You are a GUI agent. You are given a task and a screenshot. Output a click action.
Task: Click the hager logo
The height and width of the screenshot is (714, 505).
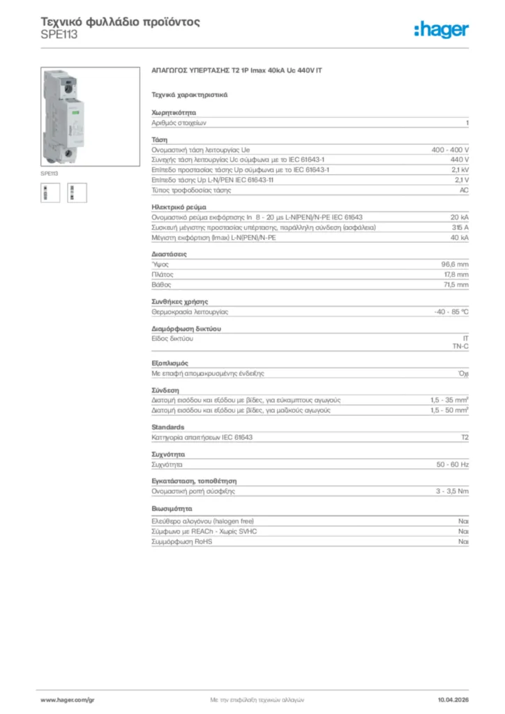pos(441,29)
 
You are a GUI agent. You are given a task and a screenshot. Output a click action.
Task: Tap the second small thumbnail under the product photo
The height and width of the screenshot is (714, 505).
pos(76,192)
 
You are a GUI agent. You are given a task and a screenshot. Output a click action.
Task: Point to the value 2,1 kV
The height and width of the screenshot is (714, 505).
pos(460,169)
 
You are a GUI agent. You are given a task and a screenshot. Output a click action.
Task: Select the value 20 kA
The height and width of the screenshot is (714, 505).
pos(460,218)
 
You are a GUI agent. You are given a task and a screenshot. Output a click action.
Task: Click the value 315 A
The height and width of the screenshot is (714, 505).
pos(460,227)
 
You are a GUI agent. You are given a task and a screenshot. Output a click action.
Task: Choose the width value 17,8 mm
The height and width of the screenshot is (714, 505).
pos(455,275)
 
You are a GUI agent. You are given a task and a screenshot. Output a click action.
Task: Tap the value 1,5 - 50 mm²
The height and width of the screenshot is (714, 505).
pos(449,411)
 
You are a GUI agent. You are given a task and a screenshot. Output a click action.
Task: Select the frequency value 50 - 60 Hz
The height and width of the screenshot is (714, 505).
pos(452,464)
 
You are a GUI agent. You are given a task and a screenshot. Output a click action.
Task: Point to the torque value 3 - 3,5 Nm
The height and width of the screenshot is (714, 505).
pos(452,491)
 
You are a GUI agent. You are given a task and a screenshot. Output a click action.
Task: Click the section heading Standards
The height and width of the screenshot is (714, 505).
pos(168,427)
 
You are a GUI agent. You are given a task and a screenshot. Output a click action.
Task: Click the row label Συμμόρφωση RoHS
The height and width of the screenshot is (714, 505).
pos(181,541)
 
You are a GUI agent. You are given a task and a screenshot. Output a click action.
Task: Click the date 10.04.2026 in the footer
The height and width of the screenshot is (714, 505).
pos(453,699)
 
